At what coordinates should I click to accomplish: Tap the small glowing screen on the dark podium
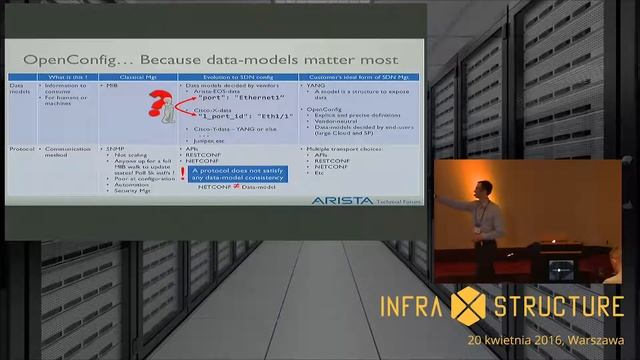click(x=562, y=268)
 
